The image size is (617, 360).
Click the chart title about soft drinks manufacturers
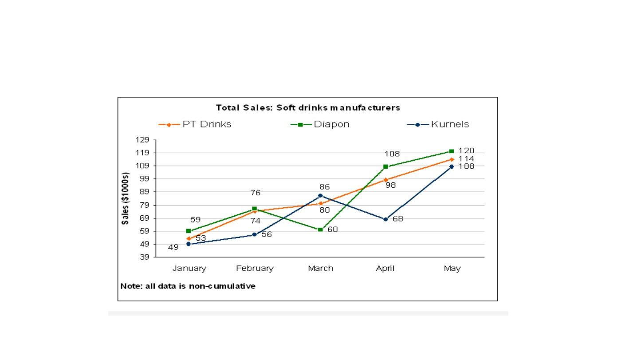pos(308,107)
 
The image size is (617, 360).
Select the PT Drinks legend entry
pos(195,124)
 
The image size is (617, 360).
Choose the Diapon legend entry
pos(319,124)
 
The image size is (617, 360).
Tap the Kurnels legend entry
pos(438,124)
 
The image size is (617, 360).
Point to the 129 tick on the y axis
pos(142,140)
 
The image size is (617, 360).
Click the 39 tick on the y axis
pos(144,257)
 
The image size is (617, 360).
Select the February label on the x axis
pos(255,269)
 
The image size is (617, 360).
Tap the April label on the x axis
pos(385,269)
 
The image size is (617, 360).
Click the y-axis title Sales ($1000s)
pos(125,198)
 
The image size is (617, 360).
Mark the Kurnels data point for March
pos(320,196)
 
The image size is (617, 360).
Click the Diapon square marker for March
pos(320,229)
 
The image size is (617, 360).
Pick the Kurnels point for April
pos(385,219)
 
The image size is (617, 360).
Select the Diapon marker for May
pos(452,151)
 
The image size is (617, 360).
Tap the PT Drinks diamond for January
pos(189,239)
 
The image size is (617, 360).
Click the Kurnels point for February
pos(255,234)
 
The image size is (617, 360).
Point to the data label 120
pos(466,150)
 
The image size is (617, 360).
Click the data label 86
pos(325,187)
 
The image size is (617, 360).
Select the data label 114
pos(466,159)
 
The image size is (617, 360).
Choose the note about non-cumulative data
pos(188,286)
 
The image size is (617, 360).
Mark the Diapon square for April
pos(385,167)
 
